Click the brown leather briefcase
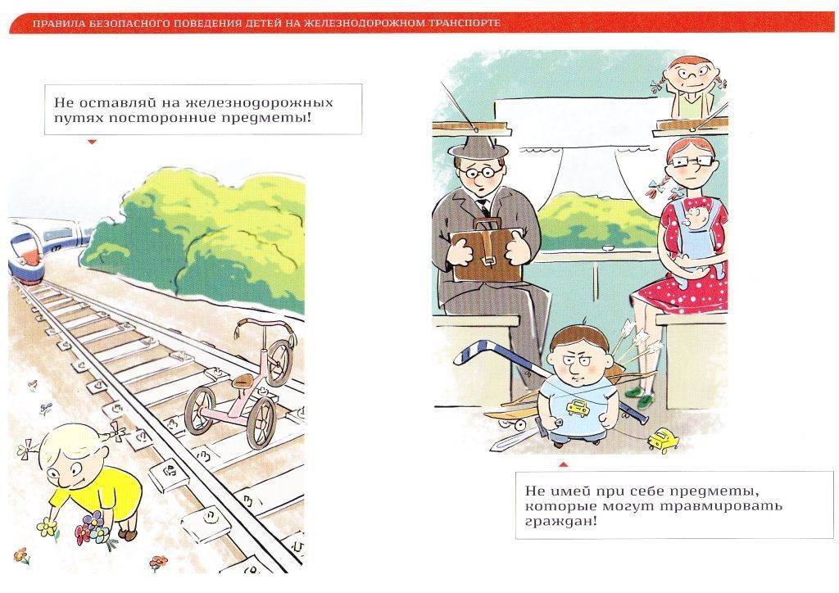pos(487,251)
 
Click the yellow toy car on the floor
pos(663,440)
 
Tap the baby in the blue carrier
pos(695,235)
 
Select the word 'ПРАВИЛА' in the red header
pos(52,23)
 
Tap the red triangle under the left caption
pos(92,142)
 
